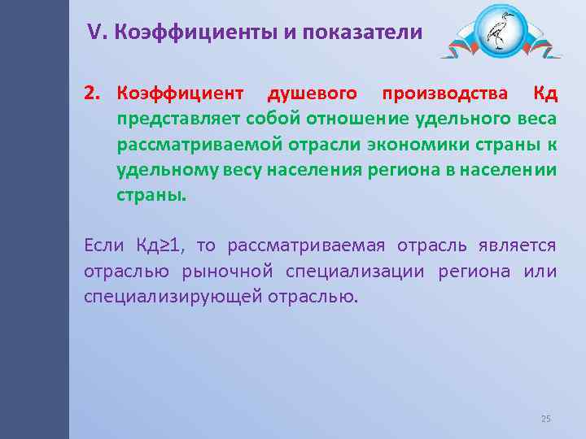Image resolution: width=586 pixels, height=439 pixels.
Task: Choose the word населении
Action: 509,171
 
